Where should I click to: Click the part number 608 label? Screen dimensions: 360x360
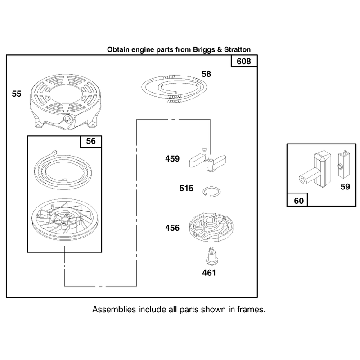pos(243,61)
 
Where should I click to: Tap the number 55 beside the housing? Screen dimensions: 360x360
pos(17,94)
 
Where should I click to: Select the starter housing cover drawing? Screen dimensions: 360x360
pos(66,102)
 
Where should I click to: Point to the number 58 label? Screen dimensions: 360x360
pos(206,74)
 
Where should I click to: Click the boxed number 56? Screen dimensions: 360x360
pos(91,141)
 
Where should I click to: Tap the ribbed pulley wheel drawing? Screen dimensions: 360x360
pos(65,220)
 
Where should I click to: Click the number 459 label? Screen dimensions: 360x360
pos(172,159)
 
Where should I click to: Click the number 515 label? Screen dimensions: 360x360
pos(186,188)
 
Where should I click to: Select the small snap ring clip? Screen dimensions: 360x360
pos(212,192)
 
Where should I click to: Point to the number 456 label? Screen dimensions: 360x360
pos(172,228)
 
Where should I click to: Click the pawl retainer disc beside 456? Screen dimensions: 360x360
pos(211,228)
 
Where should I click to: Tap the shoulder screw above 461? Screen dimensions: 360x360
pos(212,256)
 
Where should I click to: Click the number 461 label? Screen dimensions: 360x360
pos(209,273)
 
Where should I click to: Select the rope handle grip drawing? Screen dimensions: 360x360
pos(315,169)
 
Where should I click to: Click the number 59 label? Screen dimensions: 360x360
pos(345,187)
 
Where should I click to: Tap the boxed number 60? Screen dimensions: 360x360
pos(299,201)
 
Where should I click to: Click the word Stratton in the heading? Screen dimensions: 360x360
pos(238,49)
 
